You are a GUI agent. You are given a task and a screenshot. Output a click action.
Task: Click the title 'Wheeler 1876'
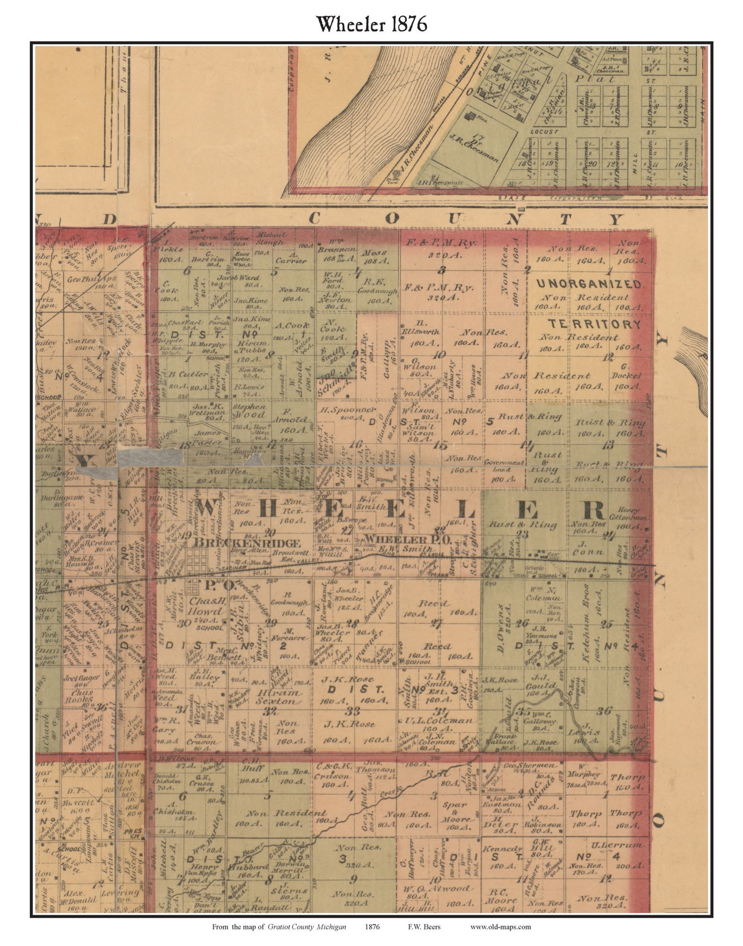(x=372, y=24)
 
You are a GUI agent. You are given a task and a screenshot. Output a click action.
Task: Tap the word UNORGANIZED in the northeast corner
(x=589, y=284)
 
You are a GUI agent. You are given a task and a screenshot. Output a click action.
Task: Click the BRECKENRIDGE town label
(x=247, y=543)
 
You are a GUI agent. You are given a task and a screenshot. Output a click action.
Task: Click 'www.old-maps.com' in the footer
(x=500, y=926)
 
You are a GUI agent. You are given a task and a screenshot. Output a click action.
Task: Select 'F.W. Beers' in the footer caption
(x=425, y=926)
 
